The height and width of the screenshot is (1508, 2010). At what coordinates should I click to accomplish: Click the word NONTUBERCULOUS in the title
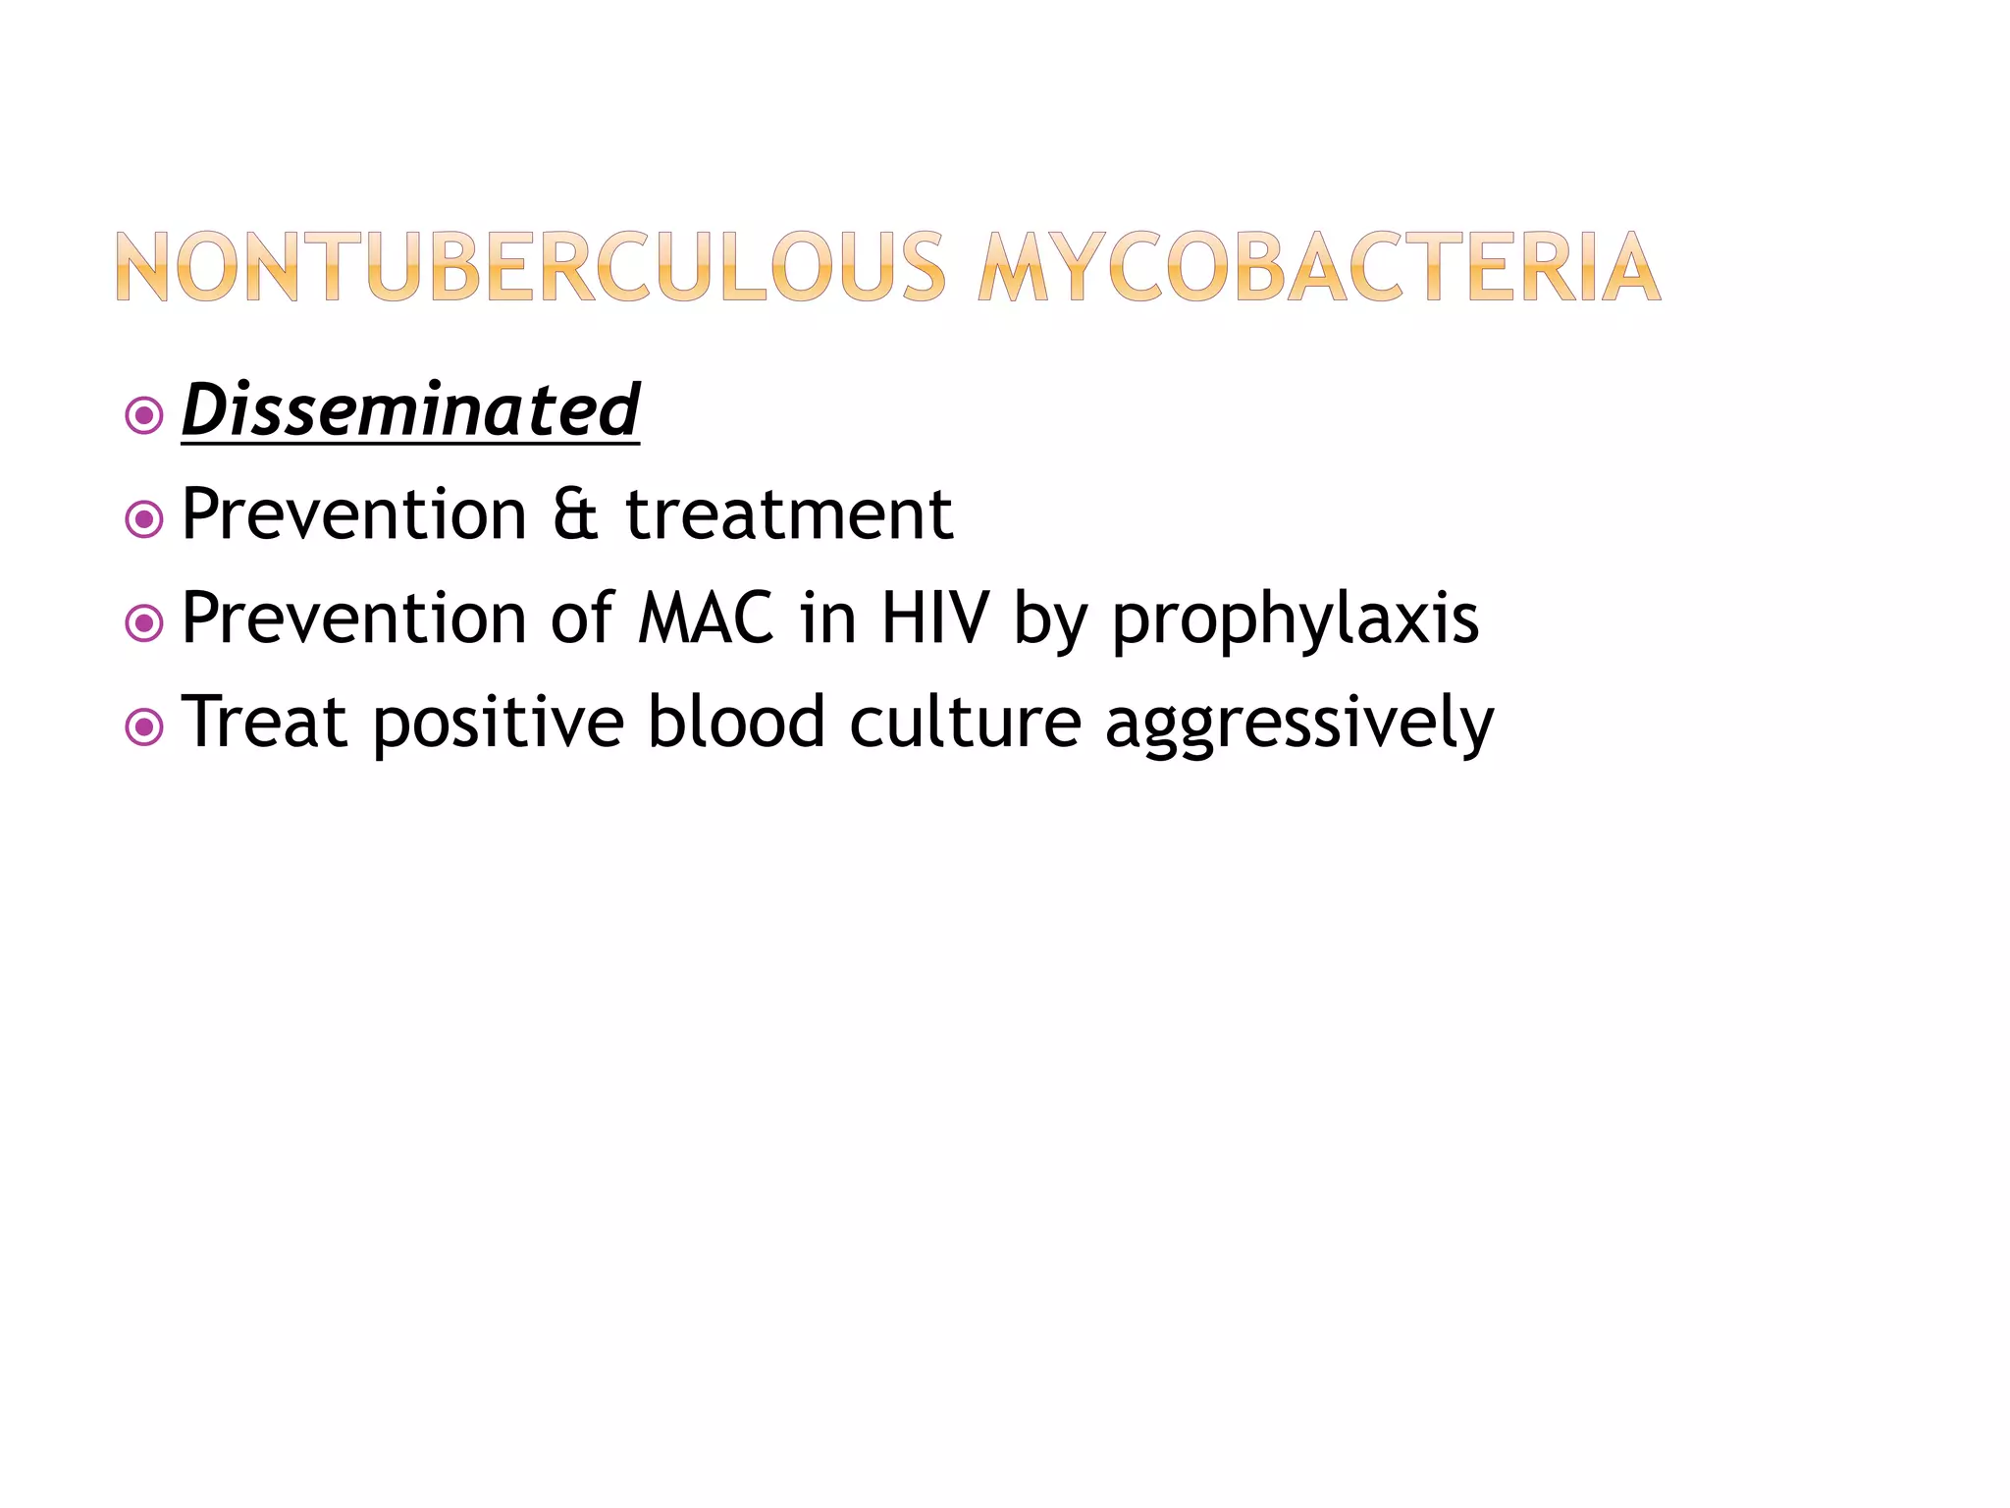tap(530, 266)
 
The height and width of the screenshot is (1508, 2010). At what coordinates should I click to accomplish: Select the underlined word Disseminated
tap(410, 410)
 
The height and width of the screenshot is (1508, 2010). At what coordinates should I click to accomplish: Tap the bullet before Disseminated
tap(144, 416)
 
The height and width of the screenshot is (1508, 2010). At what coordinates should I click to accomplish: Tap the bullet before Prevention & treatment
tap(144, 519)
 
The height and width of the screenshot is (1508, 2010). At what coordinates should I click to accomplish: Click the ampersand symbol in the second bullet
tap(576, 514)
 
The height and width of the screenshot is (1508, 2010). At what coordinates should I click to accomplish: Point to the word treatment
tap(789, 514)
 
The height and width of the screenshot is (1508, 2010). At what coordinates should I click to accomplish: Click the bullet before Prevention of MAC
tap(144, 623)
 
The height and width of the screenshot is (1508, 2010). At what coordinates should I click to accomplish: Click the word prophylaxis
tap(1295, 620)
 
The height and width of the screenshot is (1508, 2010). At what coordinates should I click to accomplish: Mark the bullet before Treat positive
tap(144, 727)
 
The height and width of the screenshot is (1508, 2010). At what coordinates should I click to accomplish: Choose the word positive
tap(499, 725)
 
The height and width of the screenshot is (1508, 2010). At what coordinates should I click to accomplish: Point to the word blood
tap(736, 723)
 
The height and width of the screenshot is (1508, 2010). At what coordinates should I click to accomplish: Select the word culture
tap(965, 723)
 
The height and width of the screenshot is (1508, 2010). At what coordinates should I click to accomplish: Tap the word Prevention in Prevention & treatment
tap(354, 514)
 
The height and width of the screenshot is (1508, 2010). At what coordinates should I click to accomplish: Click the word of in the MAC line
tap(582, 619)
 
